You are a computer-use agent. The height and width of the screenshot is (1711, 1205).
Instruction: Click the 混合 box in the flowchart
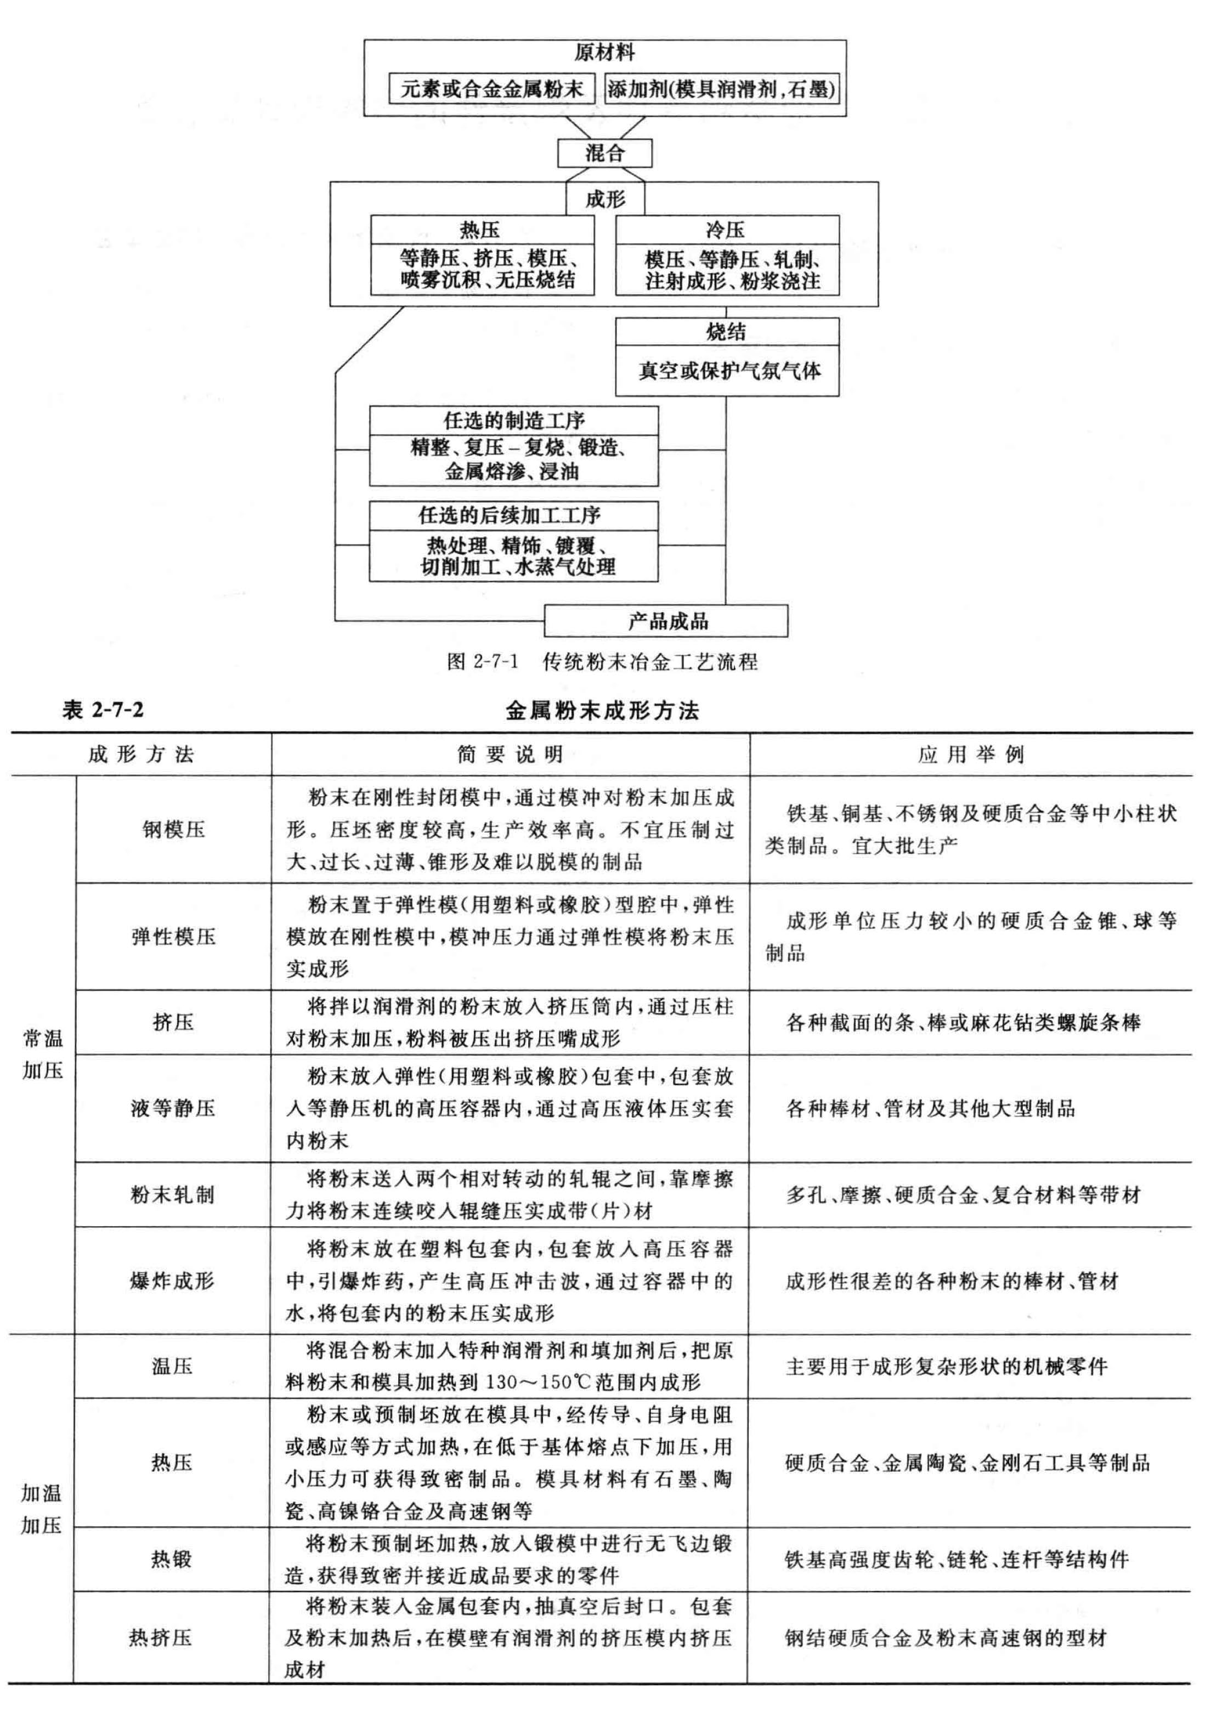604,154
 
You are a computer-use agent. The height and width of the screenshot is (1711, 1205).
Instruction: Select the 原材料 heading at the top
604,53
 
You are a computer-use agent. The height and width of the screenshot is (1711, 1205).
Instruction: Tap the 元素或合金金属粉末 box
492,89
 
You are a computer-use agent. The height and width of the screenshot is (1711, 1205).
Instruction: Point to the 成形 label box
604,199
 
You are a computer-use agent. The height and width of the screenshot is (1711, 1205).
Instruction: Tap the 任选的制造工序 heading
514,420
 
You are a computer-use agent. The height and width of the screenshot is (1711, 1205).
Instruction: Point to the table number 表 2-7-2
103,710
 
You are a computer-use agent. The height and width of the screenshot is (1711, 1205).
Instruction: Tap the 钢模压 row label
174,829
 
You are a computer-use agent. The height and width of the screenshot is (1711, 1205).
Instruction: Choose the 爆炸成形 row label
173,1281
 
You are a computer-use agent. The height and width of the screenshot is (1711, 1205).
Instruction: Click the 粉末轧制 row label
173,1194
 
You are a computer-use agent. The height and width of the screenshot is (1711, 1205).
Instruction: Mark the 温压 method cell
172,1366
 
